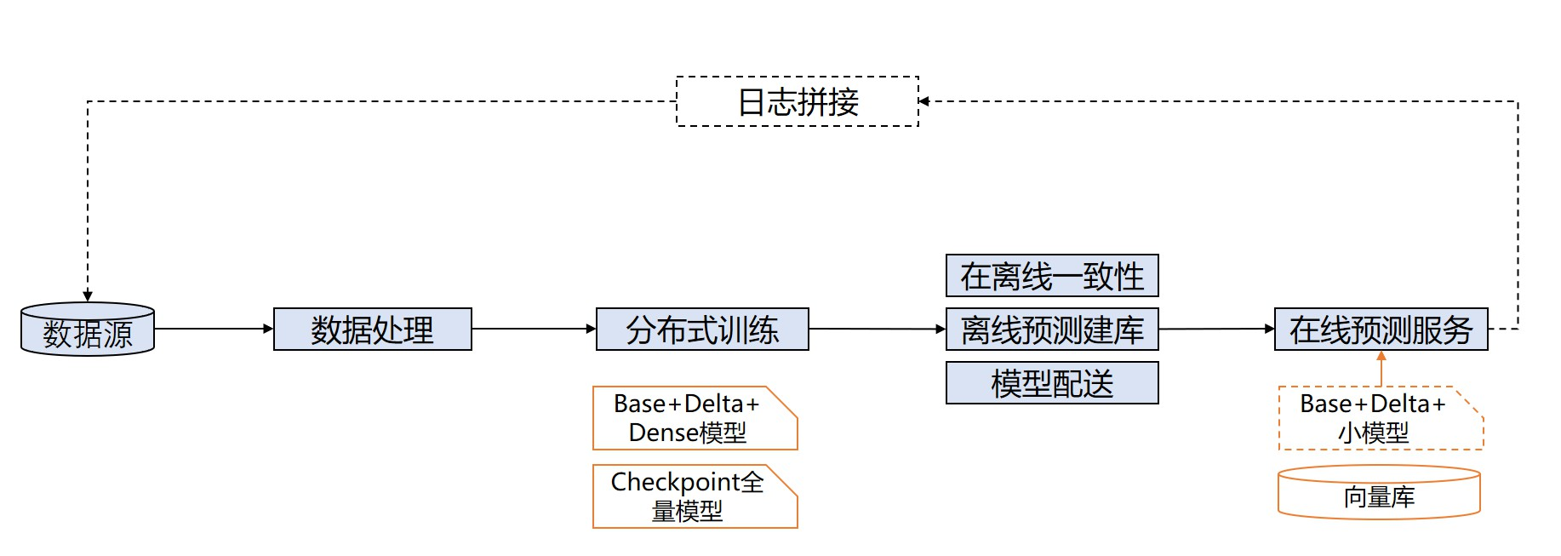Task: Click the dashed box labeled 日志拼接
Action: tap(798, 101)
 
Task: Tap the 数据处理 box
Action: tap(372, 330)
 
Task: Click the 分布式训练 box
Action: tap(702, 330)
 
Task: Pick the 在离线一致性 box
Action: tap(1052, 276)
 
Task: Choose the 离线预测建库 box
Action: tap(1052, 330)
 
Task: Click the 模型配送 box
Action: tap(1052, 383)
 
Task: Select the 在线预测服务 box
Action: tap(1381, 330)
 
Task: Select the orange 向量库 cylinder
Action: tap(1379, 493)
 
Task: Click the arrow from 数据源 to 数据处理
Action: tap(214, 329)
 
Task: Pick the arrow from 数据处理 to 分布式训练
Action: tap(534, 329)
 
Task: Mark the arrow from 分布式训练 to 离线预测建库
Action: tap(877, 329)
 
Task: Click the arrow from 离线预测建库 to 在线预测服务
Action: tap(1216, 329)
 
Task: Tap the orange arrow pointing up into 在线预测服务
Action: tap(1381, 368)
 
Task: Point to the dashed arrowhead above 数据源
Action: tap(88, 295)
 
